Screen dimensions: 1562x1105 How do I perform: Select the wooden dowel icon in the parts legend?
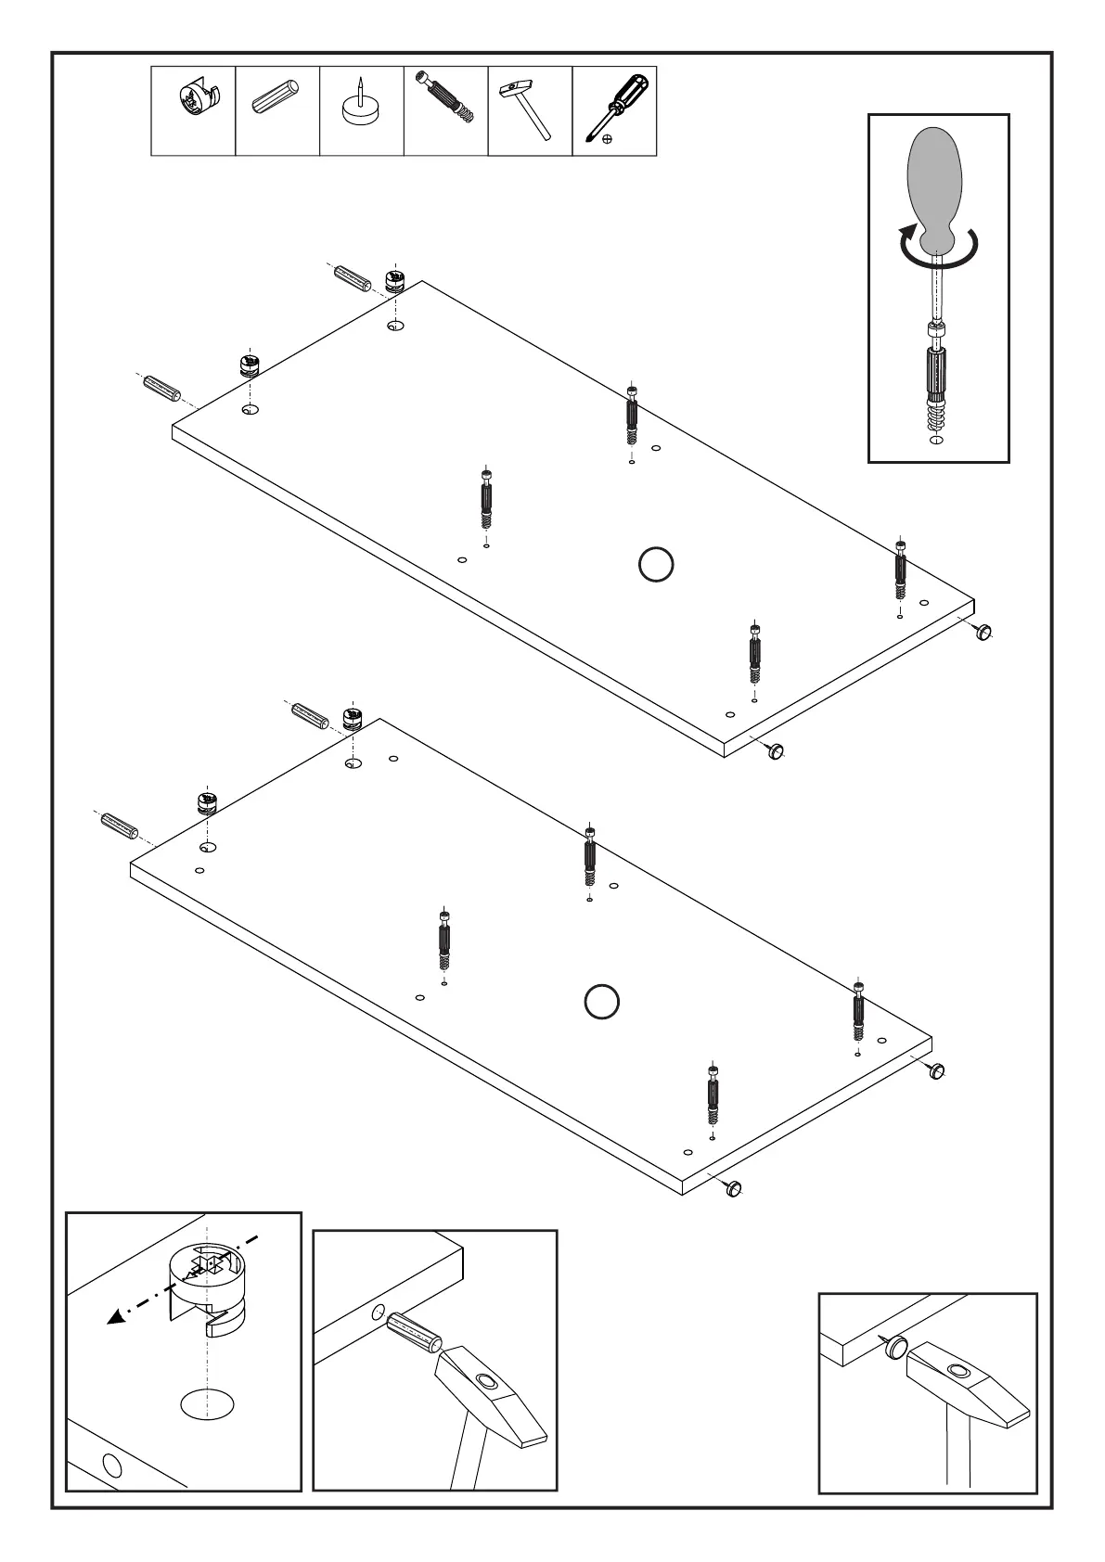276,100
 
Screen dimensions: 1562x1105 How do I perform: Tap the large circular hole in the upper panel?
655,564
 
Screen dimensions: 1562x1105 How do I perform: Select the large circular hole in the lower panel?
602,1001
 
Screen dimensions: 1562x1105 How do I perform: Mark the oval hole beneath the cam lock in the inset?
207,1429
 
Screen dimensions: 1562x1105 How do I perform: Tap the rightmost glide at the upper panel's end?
984,633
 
